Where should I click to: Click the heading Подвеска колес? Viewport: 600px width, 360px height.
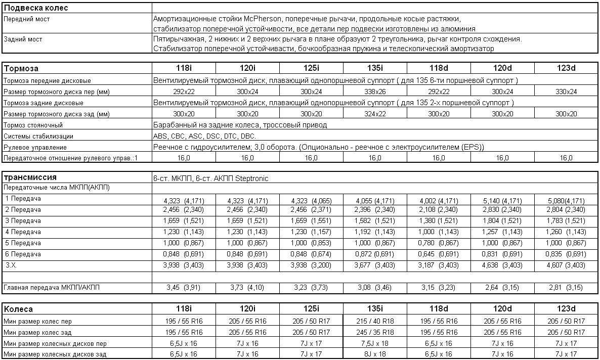36,8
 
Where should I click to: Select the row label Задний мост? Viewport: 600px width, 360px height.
23,39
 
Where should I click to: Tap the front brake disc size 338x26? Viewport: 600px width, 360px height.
375,92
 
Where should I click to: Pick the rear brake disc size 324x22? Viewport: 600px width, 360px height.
375,114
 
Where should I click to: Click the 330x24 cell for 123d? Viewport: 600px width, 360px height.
566,92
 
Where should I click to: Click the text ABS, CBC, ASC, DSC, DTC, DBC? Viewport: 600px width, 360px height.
204,136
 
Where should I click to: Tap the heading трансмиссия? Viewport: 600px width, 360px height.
30,177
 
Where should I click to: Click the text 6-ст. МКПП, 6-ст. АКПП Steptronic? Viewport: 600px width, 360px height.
210,178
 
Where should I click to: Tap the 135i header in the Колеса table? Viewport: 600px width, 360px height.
375,309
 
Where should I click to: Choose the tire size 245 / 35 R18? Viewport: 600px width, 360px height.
375,332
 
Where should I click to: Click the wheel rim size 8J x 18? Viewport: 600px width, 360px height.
375,354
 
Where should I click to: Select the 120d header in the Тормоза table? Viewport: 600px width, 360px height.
502,68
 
